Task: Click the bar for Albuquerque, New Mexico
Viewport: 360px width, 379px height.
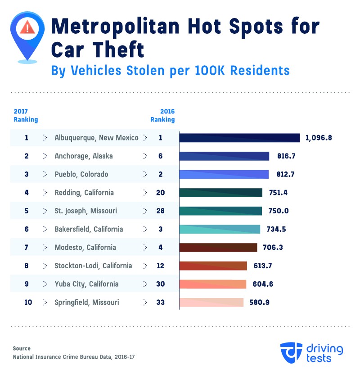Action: click(239, 138)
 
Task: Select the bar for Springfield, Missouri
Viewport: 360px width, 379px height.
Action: click(211, 302)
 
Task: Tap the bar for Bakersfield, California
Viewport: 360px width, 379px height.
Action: click(220, 229)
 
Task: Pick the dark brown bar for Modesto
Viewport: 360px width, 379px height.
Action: click(218, 247)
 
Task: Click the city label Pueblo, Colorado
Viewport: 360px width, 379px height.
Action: click(81, 174)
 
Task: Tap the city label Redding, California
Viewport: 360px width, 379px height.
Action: click(84, 193)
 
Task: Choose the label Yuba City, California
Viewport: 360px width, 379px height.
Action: click(86, 284)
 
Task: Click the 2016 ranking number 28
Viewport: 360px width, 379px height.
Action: click(160, 211)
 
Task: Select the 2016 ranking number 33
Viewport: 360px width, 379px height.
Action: click(160, 302)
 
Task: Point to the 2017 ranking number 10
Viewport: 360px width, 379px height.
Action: click(27, 302)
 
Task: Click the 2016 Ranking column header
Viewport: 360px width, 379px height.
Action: click(162, 116)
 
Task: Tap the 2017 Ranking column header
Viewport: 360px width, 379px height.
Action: click(26, 116)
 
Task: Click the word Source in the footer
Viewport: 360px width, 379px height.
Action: click(22, 348)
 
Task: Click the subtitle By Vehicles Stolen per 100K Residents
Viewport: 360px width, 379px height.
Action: click(170, 71)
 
